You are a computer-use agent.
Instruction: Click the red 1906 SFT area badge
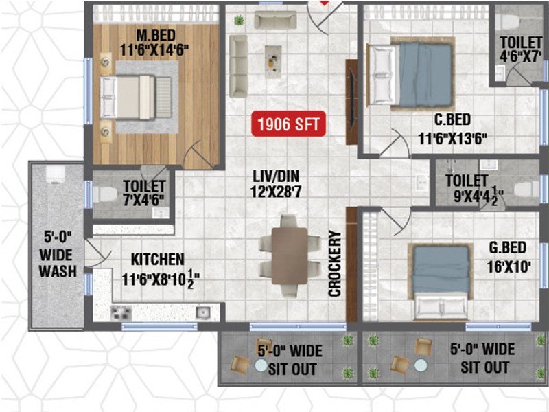[288, 124]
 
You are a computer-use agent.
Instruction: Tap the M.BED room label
[156, 36]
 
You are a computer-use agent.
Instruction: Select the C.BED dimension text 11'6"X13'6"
[453, 139]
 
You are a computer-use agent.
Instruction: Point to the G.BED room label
[508, 248]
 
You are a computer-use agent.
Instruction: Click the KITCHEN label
[158, 260]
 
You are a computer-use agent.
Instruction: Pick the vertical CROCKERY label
[335, 264]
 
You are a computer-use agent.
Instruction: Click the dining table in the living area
[290, 256]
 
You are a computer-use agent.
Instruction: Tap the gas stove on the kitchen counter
[121, 312]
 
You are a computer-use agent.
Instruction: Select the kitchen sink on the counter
[203, 312]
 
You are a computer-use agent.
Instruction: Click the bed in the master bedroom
[136, 98]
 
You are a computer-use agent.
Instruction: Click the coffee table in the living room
[273, 62]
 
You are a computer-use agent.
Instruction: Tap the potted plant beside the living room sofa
[239, 20]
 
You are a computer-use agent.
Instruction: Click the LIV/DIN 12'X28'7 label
[277, 184]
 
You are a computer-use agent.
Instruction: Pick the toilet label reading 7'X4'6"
[143, 200]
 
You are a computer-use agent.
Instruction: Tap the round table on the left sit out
[261, 365]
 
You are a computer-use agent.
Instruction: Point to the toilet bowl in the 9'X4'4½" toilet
[525, 190]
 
